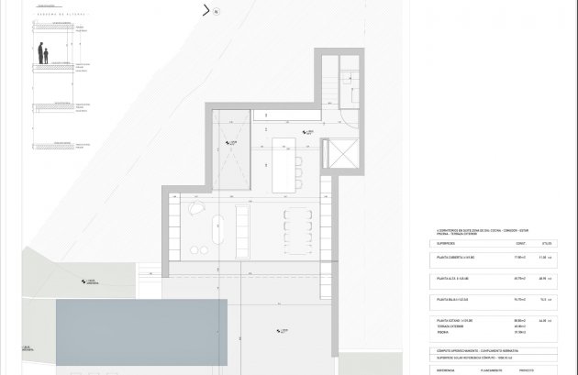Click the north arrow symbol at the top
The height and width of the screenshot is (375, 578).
[207, 12]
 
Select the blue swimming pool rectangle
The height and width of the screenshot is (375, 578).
[140, 320]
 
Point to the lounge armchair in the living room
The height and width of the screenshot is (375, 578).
[195, 210]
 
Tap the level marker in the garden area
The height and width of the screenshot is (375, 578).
[89, 282]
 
